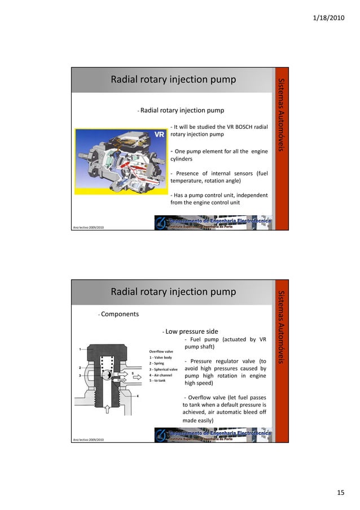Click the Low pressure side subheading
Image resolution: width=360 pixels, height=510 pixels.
pos(192,331)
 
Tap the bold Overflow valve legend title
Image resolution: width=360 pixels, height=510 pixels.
pos(161,351)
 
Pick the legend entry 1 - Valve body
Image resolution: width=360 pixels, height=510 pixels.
pos(161,358)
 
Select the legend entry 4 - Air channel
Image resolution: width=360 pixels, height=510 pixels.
pos(161,375)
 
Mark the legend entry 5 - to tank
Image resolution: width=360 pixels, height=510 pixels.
pos(157,381)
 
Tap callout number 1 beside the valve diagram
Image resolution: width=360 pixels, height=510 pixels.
pos(80,348)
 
